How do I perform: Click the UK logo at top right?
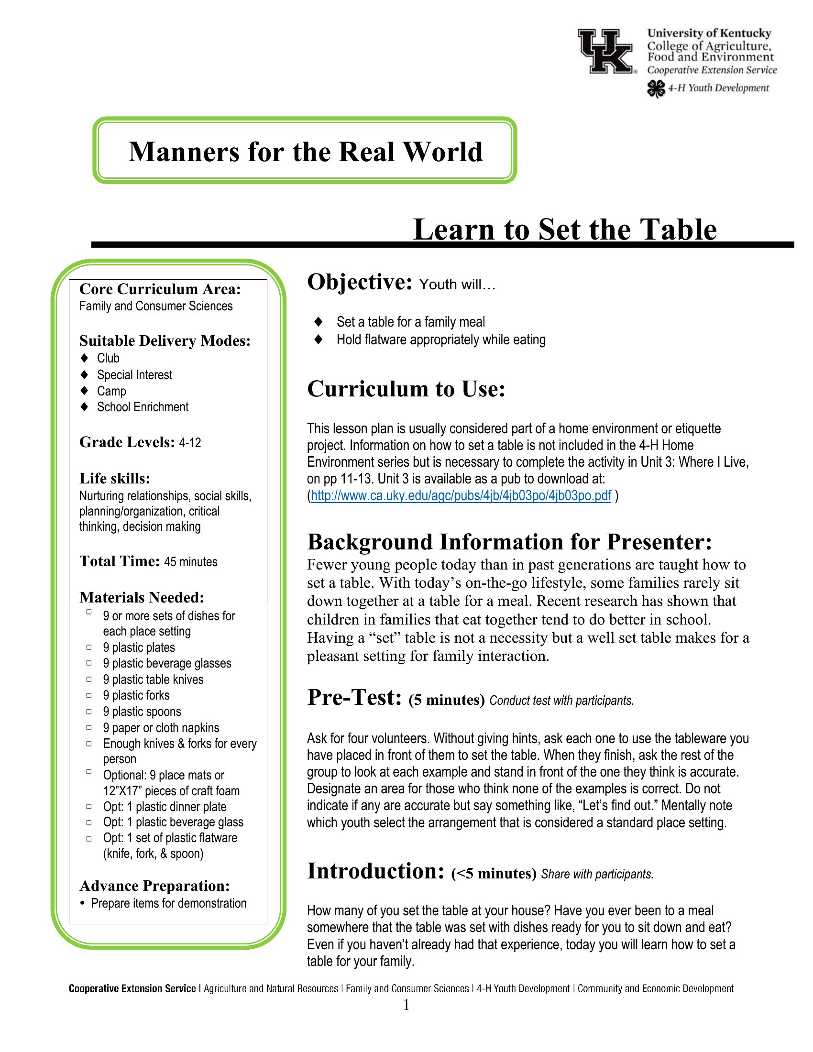[606, 51]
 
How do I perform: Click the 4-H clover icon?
[656, 88]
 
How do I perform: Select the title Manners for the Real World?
[306, 152]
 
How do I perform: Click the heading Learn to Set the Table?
[564, 229]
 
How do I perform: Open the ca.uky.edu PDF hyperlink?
[461, 496]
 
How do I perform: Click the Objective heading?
[360, 282]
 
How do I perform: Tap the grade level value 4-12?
[190, 443]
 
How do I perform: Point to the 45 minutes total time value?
[191, 562]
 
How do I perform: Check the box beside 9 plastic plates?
[89, 647]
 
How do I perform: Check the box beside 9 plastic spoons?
[89, 711]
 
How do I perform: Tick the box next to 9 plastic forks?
[89, 695]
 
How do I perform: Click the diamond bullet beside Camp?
[85, 390]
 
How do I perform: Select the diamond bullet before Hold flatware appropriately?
[318, 340]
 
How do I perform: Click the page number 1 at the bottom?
[406, 1005]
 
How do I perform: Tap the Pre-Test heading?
[354, 698]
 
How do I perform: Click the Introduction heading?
[375, 871]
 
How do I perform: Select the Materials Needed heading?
[142, 598]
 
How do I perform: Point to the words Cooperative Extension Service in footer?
[132, 989]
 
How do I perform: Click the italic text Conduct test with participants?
[561, 701]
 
